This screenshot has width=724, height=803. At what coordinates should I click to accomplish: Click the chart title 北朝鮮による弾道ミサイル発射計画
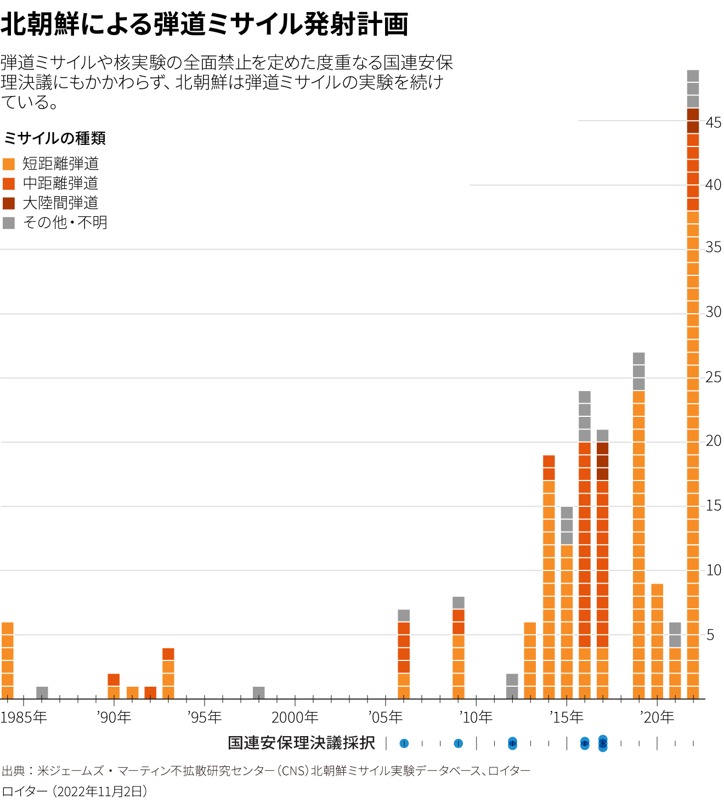coord(204,25)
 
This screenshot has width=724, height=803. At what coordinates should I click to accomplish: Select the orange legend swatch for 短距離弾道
coord(9,164)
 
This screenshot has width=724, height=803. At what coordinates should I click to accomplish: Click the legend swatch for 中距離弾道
coord(9,184)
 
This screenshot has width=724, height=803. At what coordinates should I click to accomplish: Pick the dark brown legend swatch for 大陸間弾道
coord(9,203)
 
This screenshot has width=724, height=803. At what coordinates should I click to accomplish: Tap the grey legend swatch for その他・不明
coord(9,223)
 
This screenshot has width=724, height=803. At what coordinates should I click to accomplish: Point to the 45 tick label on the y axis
coord(714,123)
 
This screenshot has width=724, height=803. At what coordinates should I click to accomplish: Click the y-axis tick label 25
coord(714,377)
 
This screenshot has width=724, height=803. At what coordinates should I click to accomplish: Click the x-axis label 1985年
coord(24,717)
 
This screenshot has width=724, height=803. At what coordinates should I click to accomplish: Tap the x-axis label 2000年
coord(295,717)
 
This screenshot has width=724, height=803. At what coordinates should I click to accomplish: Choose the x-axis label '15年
coord(567,717)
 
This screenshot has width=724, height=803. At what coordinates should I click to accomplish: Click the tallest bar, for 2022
coord(693,384)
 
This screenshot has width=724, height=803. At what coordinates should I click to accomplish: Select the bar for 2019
coord(639,527)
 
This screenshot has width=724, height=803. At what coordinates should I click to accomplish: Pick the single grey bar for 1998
coord(259,693)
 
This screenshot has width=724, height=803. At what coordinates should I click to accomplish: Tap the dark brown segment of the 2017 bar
coord(603,461)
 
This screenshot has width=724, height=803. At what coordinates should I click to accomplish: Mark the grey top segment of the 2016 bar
coord(585,416)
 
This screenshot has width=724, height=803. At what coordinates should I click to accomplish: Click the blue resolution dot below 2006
coord(404,744)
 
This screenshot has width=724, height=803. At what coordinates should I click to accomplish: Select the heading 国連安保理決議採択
coord(302,743)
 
